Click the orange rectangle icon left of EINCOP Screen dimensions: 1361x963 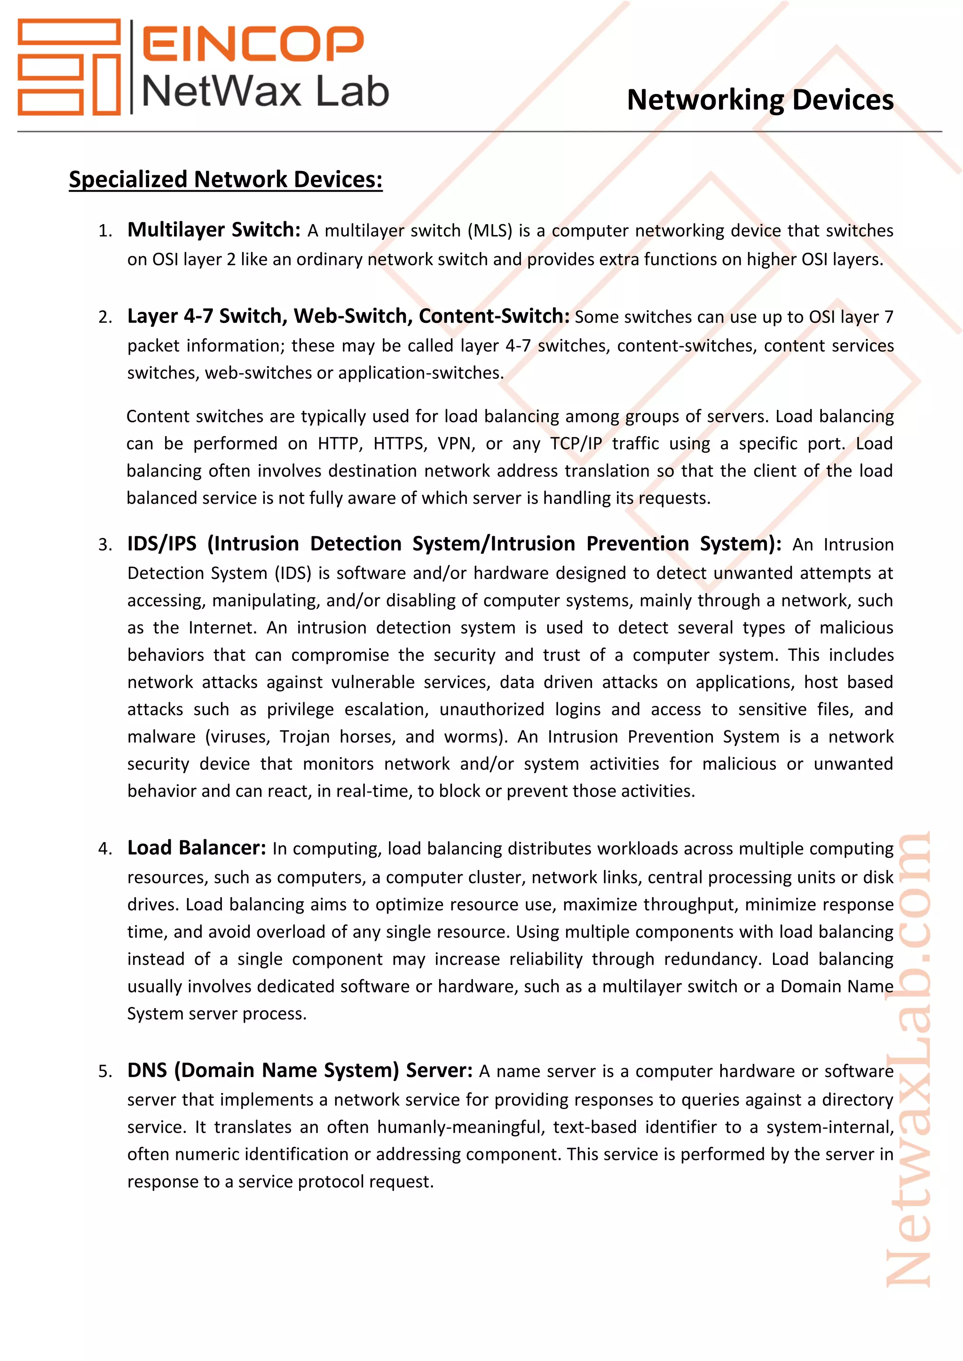pyautogui.click(x=69, y=66)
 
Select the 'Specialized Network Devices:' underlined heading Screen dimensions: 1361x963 pyautogui.click(x=225, y=179)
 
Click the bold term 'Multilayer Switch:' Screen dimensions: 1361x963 pyautogui.click(x=214, y=229)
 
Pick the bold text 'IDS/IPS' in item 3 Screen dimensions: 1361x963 pyautogui.click(x=162, y=544)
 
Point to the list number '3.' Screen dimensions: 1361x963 pyautogui.click(x=105, y=545)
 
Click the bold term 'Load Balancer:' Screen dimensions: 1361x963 pyautogui.click(x=196, y=848)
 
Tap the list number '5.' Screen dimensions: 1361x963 pyautogui.click(x=105, y=1072)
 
